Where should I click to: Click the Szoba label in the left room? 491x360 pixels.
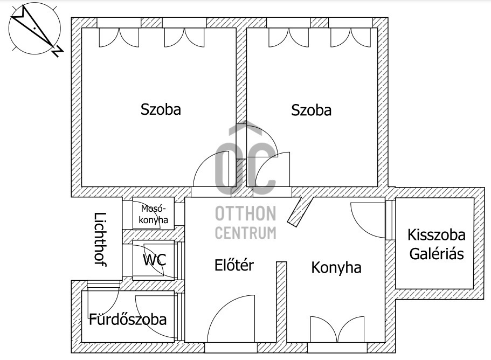(161, 109)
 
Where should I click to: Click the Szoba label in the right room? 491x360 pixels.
(312, 110)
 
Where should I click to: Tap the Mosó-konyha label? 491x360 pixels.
(153, 214)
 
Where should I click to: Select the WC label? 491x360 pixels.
(154, 260)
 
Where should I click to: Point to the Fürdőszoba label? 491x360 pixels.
(128, 319)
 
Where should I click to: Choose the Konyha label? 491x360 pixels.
(336, 268)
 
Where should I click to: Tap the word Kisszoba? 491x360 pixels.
(436, 235)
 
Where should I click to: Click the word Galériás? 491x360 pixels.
(437, 254)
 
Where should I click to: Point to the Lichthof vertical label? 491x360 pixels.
(100, 239)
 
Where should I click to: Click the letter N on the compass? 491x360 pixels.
(58, 52)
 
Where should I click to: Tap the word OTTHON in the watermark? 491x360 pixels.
(246, 213)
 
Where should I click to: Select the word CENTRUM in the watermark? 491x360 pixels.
(246, 233)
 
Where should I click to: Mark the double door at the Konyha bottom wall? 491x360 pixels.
(337, 329)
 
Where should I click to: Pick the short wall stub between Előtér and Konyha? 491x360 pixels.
(281, 302)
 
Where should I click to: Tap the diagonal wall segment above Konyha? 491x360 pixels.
(300, 211)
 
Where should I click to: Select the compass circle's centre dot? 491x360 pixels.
(34, 28)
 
